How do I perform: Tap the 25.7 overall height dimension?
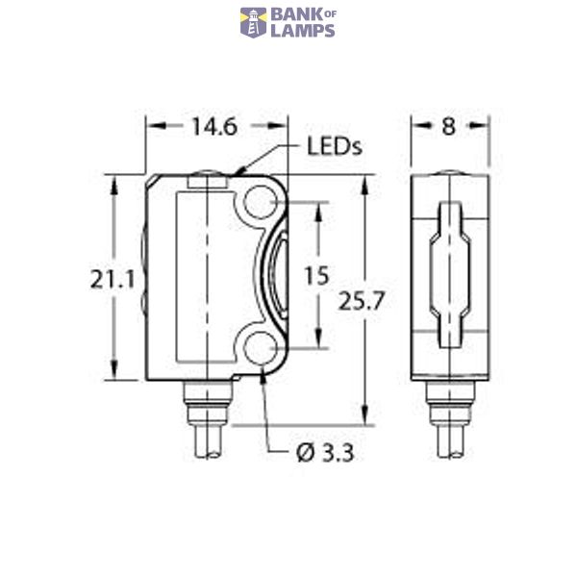(x=362, y=300)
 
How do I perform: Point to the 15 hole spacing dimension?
(x=315, y=276)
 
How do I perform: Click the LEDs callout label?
(x=334, y=147)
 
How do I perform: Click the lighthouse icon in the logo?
(x=253, y=22)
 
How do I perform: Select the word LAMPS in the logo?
(x=302, y=31)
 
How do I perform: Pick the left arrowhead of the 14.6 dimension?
(x=150, y=125)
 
